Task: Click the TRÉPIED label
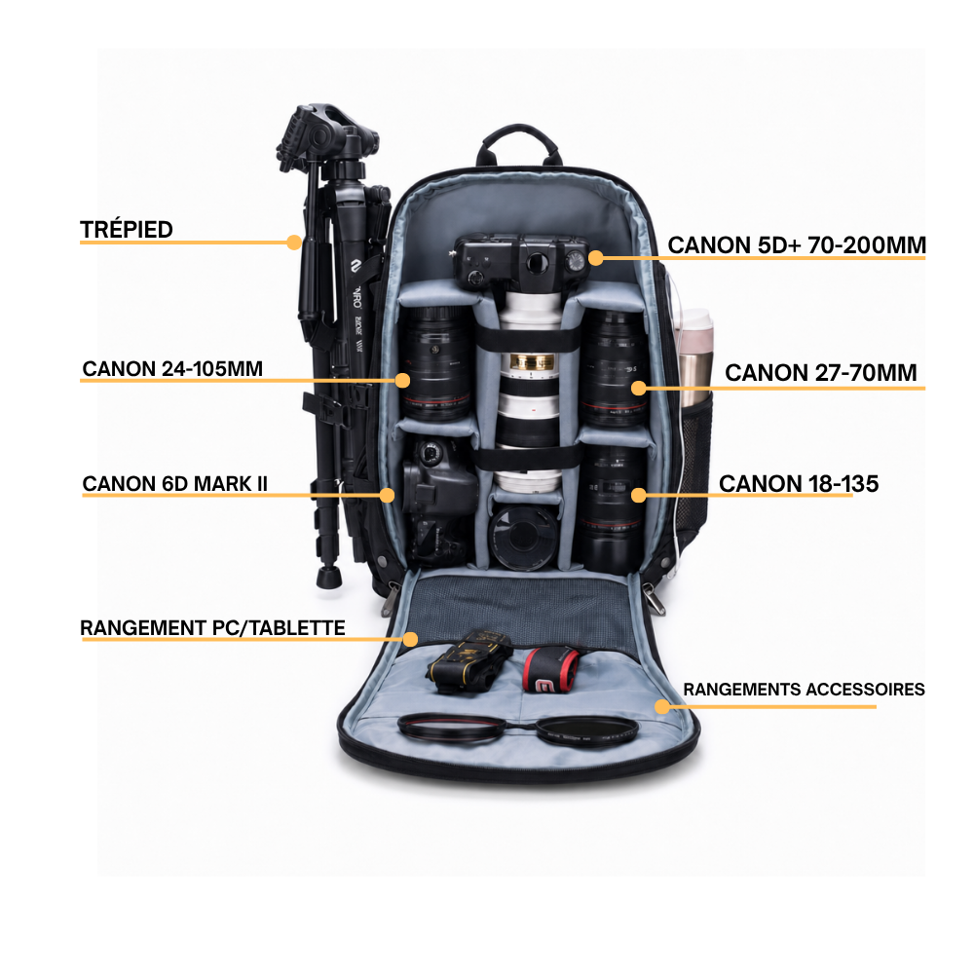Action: (126, 230)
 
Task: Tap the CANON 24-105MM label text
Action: (172, 369)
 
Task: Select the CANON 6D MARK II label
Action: (174, 484)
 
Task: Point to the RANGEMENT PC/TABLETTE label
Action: (212, 628)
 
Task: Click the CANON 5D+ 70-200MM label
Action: (797, 245)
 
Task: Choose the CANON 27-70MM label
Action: (820, 373)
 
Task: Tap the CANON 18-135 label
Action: (799, 484)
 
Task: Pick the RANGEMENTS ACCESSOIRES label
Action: (804, 690)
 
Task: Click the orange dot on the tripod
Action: (294, 243)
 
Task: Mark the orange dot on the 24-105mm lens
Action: (402, 380)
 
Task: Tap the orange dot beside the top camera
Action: (596, 258)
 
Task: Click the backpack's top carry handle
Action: (519, 140)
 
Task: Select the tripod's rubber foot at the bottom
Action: (328, 577)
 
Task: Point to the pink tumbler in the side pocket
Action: (695, 357)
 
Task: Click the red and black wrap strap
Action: (549, 670)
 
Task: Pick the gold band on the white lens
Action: (531, 361)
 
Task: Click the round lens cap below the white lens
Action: (523, 538)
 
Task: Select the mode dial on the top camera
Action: (576, 260)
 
